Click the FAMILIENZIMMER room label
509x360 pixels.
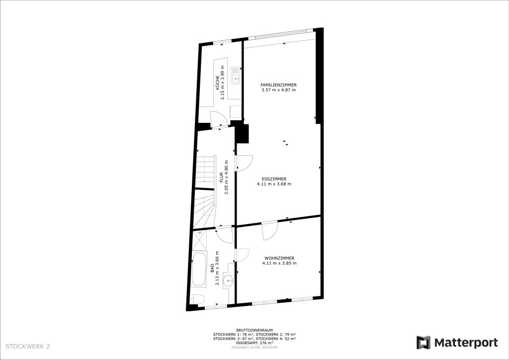tap(278, 85)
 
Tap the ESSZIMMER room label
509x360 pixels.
tap(274, 179)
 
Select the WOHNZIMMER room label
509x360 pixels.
tap(279, 259)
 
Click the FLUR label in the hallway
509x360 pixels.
tap(221, 177)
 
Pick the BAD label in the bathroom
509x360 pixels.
tap(212, 268)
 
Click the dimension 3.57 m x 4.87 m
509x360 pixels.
tap(278, 90)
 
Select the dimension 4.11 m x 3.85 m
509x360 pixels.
tap(279, 263)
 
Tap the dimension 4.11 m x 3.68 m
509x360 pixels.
tap(274, 184)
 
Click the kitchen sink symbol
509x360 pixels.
tap(235, 76)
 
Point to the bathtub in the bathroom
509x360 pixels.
tap(198, 270)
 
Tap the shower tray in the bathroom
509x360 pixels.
tap(200, 241)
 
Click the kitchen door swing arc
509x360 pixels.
tap(216, 118)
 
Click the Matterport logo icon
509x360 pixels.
tap(424, 343)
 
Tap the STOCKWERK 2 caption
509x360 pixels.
tap(28, 347)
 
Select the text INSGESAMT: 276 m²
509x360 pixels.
tap(254, 343)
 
